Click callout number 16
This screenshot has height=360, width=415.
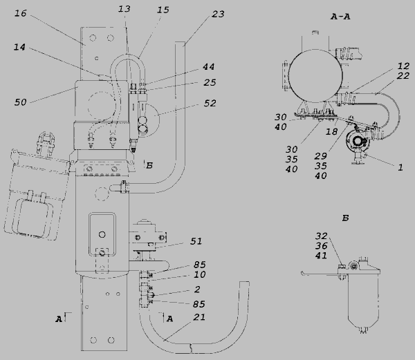(20, 13)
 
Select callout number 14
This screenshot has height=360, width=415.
(19, 47)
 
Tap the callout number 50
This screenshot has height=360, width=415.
(20, 102)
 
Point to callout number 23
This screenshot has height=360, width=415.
(218, 14)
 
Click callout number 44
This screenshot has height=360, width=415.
(209, 66)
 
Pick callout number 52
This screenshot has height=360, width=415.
(210, 103)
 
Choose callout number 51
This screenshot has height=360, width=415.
(196, 241)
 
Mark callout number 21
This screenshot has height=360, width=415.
(199, 317)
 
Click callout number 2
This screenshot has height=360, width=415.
(197, 290)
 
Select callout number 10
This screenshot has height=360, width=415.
(200, 274)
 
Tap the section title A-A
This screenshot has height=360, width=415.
(340, 17)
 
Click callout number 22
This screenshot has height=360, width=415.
(403, 76)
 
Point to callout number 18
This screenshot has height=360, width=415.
(331, 131)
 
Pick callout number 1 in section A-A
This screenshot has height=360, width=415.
(400, 167)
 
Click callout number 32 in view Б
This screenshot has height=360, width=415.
(322, 236)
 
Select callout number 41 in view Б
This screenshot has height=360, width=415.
(321, 256)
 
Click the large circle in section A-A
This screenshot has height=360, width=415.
(315, 75)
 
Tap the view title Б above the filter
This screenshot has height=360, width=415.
(345, 218)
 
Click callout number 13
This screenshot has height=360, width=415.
(124, 9)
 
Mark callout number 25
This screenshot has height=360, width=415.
(210, 82)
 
